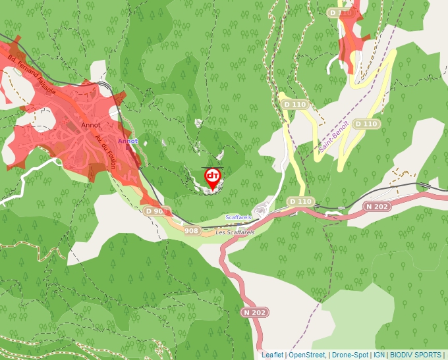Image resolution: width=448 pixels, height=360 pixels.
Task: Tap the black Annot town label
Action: click(x=90, y=124)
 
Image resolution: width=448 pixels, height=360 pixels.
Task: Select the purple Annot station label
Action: click(x=128, y=141)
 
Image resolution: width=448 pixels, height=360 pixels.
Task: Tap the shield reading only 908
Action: click(x=191, y=230)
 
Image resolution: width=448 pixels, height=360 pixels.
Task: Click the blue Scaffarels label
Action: click(x=238, y=217)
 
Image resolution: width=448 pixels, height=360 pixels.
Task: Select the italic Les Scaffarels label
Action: click(x=235, y=232)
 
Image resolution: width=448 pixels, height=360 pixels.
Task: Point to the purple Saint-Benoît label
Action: click(x=333, y=138)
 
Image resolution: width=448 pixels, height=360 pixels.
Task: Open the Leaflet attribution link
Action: click(x=272, y=355)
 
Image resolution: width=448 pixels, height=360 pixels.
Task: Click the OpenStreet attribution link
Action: click(x=307, y=355)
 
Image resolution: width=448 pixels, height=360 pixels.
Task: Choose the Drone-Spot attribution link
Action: click(x=349, y=355)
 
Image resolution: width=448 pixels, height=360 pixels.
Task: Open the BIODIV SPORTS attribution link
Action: click(x=415, y=355)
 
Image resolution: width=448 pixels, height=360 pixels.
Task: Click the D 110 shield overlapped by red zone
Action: click(x=341, y=13)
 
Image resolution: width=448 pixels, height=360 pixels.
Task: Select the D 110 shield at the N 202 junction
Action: click(x=300, y=201)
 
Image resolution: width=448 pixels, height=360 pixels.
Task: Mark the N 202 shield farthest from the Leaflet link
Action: click(x=378, y=207)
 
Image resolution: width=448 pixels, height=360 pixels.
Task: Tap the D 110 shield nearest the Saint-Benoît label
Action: click(x=366, y=124)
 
